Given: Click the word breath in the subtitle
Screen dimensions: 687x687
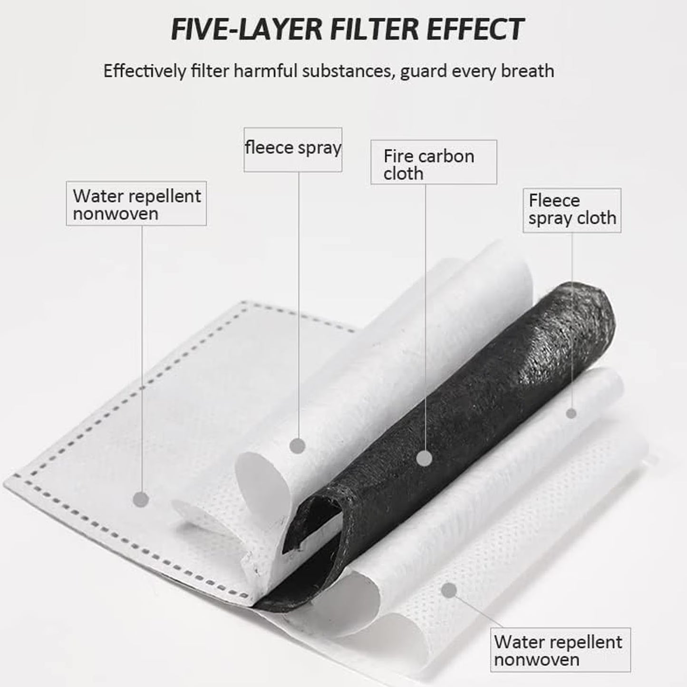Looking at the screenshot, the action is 528,71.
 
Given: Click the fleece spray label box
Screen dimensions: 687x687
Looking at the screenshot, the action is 293,150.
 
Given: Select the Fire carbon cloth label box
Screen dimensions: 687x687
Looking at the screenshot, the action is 434,162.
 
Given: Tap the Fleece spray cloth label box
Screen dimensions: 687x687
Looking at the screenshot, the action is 572,210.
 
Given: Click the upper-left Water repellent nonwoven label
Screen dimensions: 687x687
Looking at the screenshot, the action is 136,203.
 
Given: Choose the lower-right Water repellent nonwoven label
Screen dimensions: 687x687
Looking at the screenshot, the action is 561,649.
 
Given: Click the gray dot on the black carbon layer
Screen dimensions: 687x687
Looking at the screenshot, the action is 424,458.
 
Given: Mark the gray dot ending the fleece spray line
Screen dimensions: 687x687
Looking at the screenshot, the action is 298,445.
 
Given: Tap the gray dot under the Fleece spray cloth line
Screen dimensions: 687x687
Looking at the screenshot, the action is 571,414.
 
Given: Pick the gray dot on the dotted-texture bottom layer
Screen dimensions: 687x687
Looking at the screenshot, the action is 449,590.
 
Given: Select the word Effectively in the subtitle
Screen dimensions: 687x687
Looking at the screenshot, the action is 145,71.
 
